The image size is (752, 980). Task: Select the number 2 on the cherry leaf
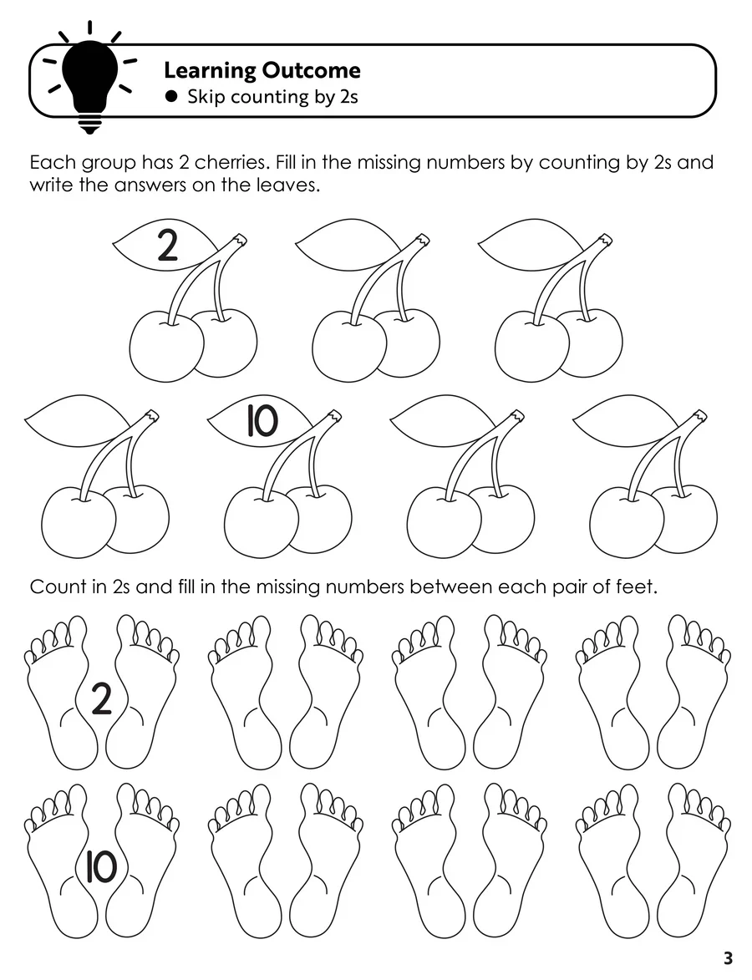[167, 246]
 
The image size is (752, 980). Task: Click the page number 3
[728, 957]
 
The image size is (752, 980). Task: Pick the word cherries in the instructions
[232, 163]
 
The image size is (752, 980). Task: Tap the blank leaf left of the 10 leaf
[77, 420]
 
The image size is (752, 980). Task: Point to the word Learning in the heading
[210, 71]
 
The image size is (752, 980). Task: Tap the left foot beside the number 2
[61, 693]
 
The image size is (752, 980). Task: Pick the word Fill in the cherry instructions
[285, 163]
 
